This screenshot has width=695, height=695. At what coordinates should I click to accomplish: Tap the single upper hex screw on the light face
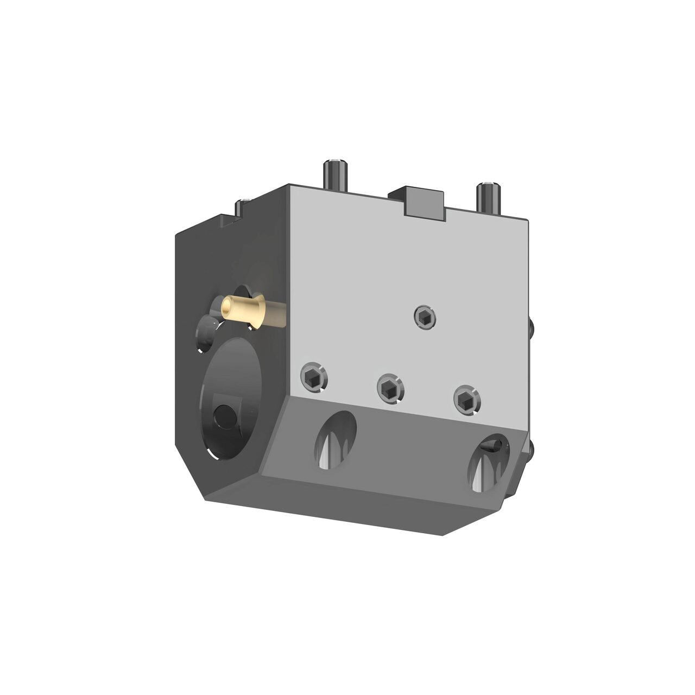click(x=424, y=317)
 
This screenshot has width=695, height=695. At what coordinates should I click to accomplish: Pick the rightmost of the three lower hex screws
click(x=467, y=400)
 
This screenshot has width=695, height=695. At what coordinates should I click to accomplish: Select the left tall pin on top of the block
click(x=333, y=175)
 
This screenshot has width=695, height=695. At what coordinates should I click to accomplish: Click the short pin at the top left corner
click(x=242, y=206)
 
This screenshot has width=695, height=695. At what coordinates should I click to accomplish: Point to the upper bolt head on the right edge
click(x=531, y=326)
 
